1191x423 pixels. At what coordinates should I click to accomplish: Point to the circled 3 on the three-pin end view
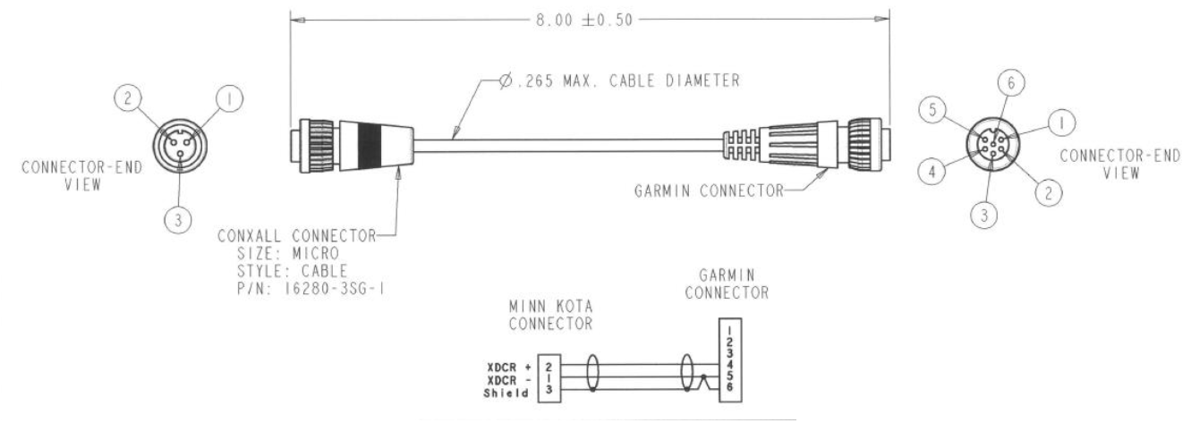coord(180,221)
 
